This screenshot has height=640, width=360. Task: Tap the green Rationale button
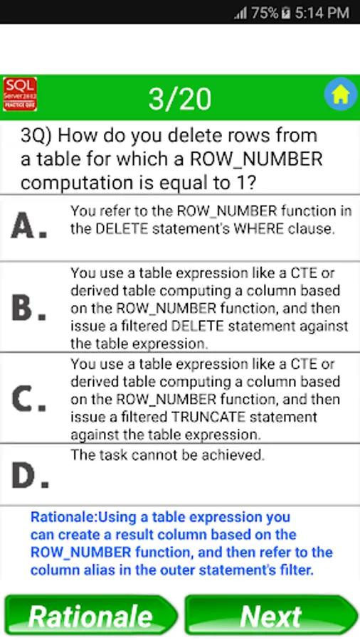coord(90,616)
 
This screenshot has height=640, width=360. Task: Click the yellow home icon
coord(341,95)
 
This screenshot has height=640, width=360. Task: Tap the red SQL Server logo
coord(20,94)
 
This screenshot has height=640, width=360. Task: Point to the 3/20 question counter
coord(179,99)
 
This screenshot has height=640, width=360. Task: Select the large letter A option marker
coord(28,227)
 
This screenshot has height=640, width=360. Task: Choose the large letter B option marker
coord(28,309)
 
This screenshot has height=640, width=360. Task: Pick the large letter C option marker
coord(28,400)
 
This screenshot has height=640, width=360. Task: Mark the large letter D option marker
coord(30,476)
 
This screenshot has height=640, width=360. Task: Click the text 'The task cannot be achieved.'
coord(168,454)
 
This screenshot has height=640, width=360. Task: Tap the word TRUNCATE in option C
coord(208,417)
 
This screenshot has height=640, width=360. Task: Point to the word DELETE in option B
coord(198,326)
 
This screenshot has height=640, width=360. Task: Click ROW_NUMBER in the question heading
coord(256,159)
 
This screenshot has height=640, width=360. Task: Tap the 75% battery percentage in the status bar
coord(265,13)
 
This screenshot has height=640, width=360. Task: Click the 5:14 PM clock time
coord(322,13)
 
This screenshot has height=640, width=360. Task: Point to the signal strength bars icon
coord(240,14)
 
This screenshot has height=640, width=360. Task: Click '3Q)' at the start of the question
coord(36,136)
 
